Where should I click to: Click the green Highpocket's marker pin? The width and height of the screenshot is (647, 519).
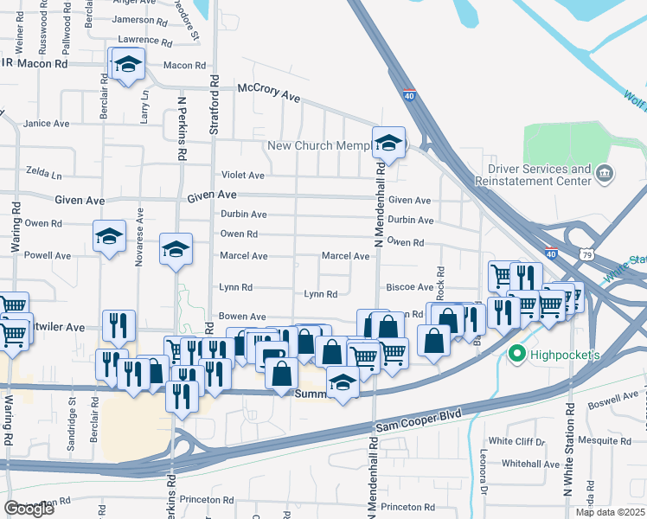[517, 352]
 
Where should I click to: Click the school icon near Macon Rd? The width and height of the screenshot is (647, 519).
[128, 64]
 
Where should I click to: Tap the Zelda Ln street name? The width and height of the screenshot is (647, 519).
[45, 172]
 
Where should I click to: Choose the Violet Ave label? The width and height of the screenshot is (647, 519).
[244, 175]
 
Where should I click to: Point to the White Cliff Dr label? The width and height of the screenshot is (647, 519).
[516, 441]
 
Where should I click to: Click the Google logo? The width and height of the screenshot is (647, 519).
[29, 509]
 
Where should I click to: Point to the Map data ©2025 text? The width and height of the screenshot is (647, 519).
[610, 512]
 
